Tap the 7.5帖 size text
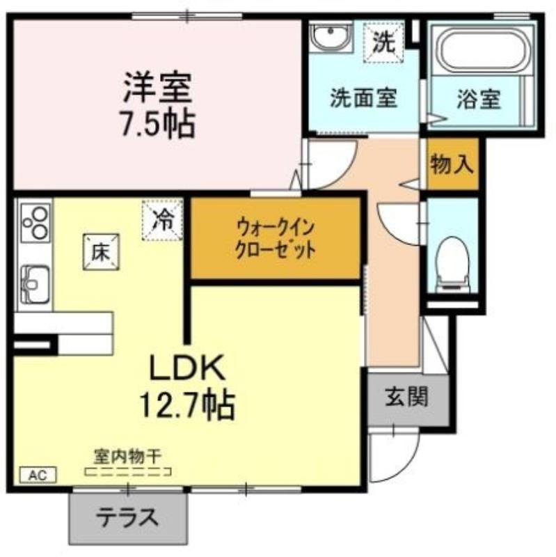tap(158, 123)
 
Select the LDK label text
tap(187, 367)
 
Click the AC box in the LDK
tap(38, 475)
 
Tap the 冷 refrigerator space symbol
tap(163, 220)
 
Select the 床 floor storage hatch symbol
tap(101, 252)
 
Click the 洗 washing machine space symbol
tap(384, 42)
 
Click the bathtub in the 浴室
tap(483, 51)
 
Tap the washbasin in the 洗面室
tap(331, 36)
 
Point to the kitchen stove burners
tap(35, 223)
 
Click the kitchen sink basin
tap(35, 285)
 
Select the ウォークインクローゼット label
tap(276, 239)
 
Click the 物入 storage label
tap(452, 164)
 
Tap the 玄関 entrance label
tap(407, 396)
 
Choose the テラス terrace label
tap(128, 517)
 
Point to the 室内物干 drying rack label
tap(128, 457)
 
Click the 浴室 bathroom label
tap(479, 99)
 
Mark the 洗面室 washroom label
tap(363, 97)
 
